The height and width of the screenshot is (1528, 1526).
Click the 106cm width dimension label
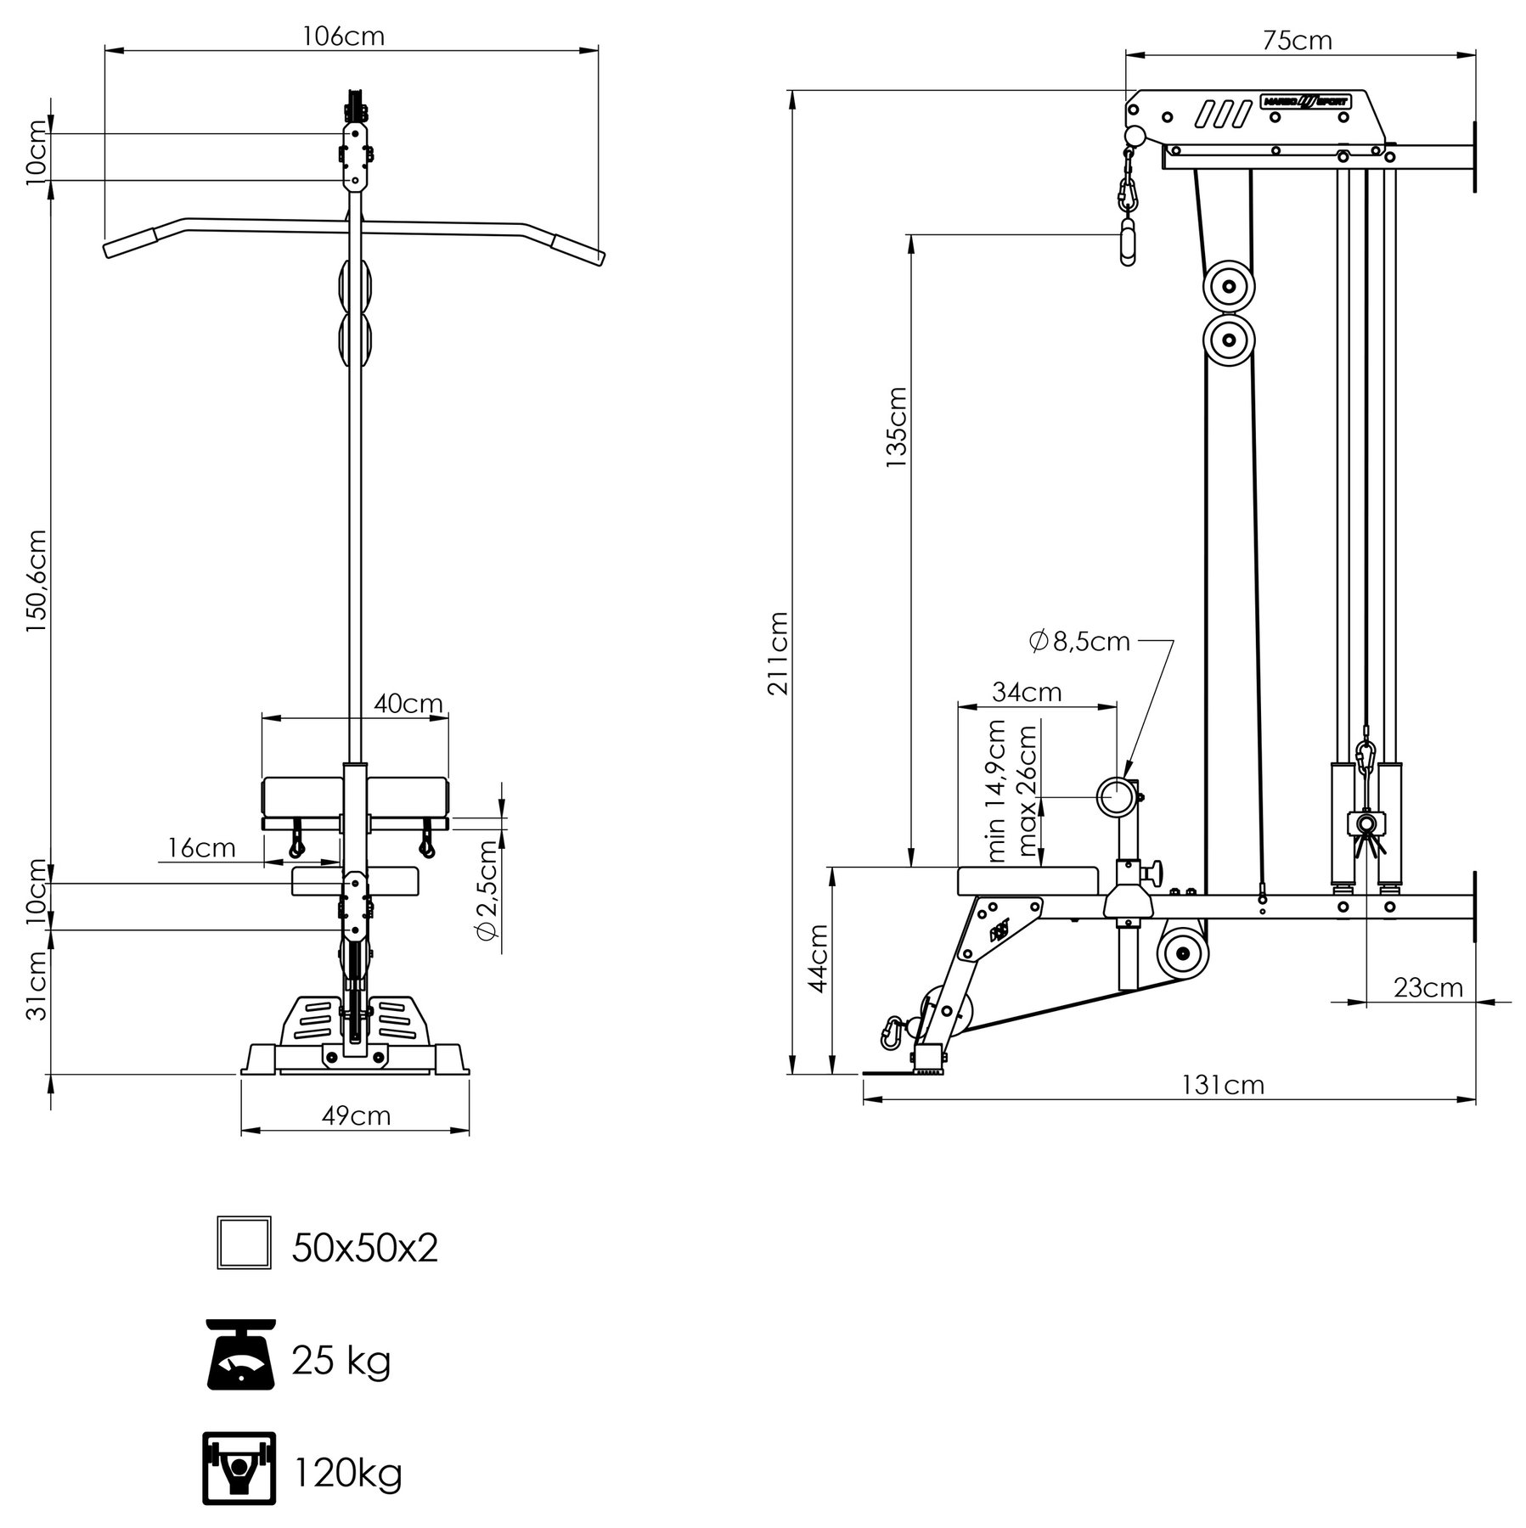coord(343,37)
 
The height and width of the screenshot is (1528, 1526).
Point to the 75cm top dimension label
coord(1297,40)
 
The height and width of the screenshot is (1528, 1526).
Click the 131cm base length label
coord(1223,1085)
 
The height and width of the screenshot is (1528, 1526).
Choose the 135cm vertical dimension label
coord(897,427)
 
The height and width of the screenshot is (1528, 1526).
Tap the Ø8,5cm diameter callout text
coord(1079,642)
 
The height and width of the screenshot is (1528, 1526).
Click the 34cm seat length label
coord(1028,693)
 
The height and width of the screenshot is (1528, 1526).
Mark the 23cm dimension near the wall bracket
coord(1427,987)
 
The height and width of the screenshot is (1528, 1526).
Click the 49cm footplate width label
coord(357,1115)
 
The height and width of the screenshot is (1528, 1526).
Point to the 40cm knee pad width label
coord(408,704)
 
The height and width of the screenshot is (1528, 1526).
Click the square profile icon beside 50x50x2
coord(244,1242)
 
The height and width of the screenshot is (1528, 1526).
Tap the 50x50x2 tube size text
coord(365,1248)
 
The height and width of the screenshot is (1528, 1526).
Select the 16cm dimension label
coord(201,847)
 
